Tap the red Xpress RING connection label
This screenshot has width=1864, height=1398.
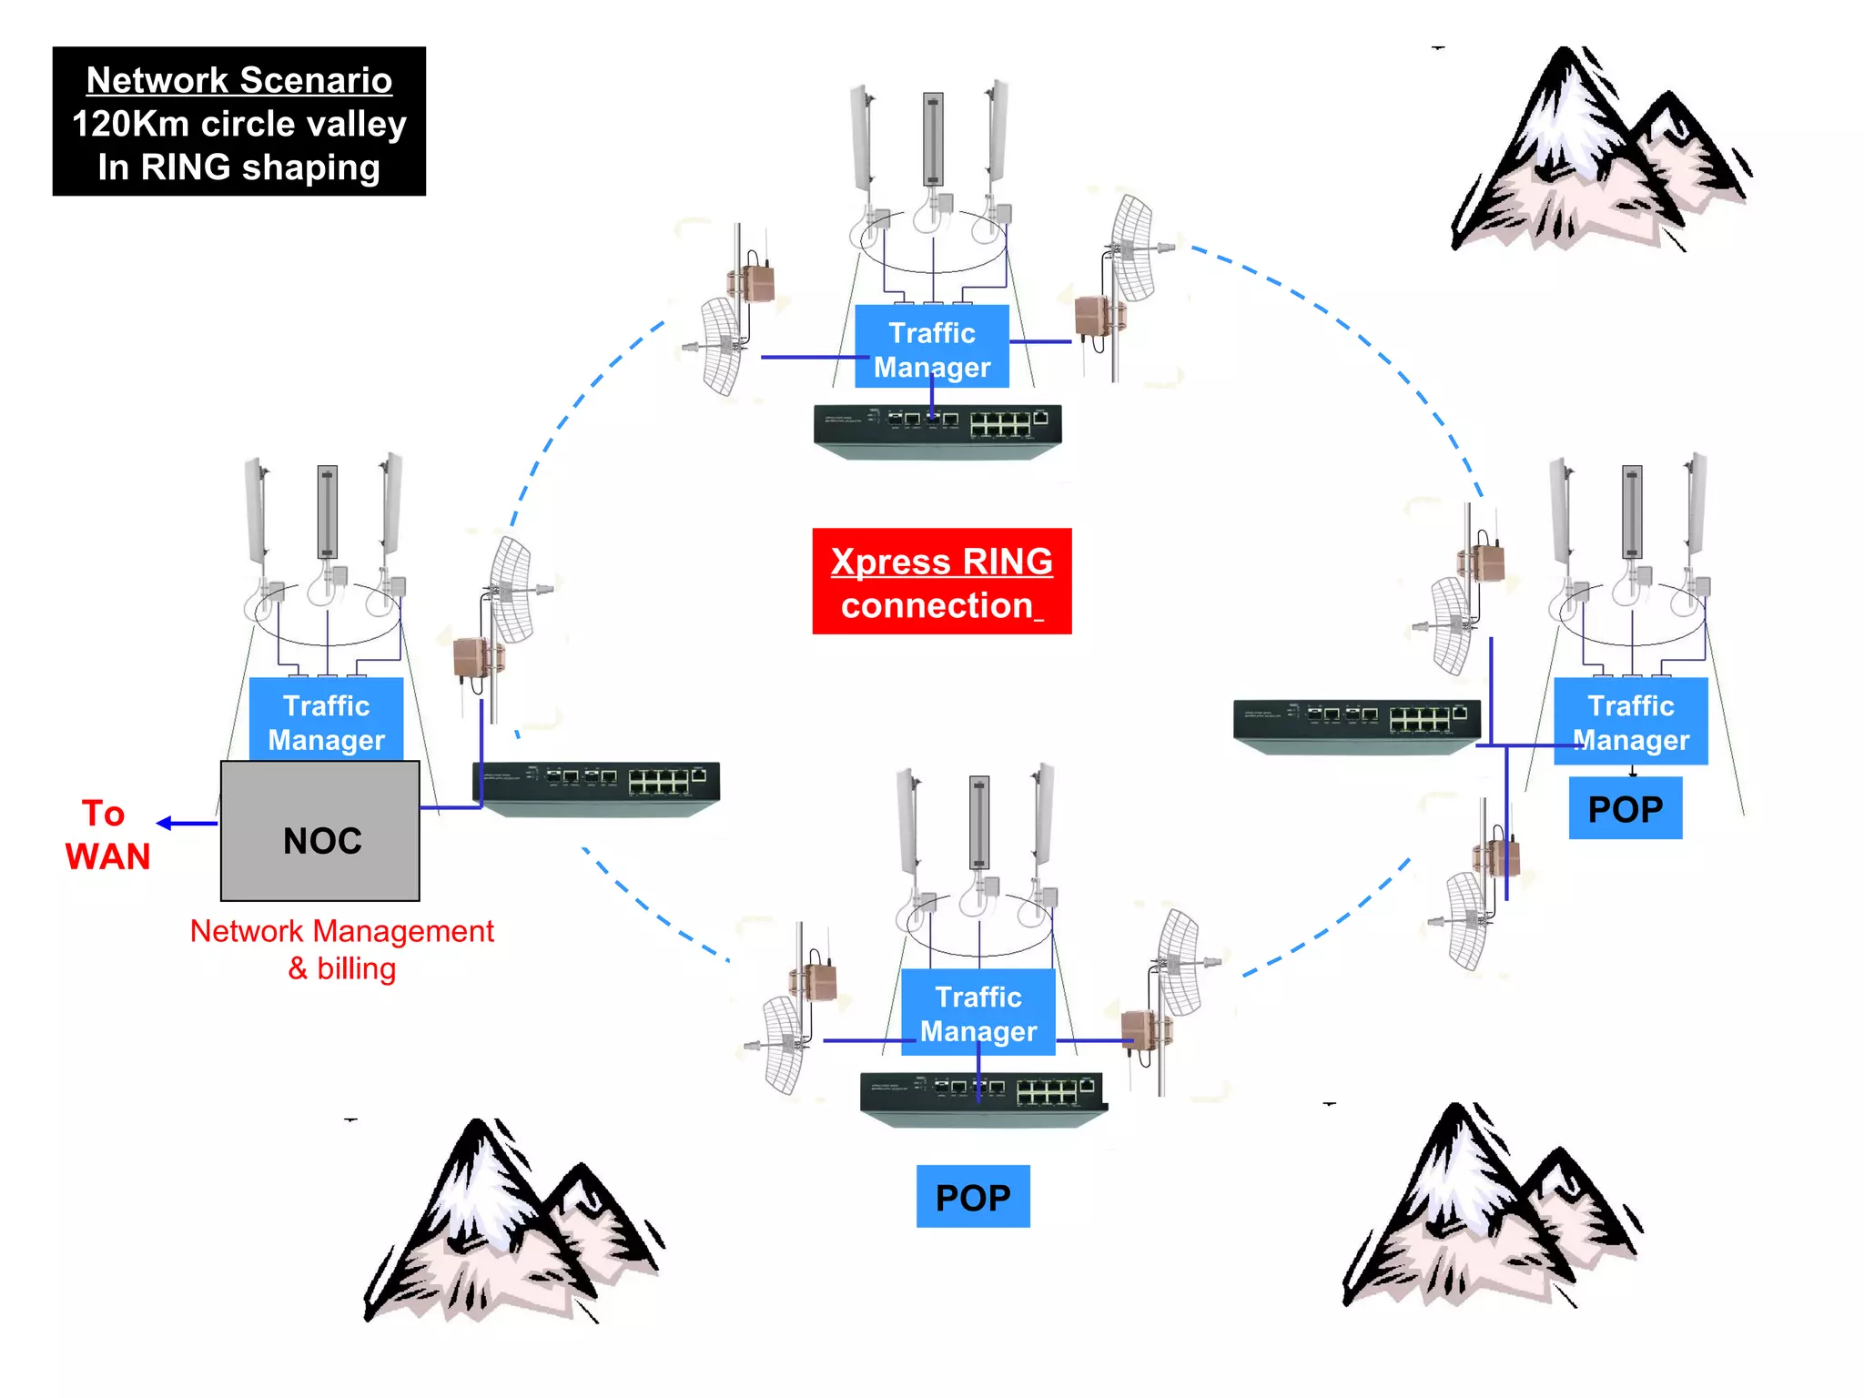coord(941,582)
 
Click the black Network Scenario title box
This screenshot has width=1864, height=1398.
coord(239,122)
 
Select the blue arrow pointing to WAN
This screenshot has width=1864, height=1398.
coord(187,823)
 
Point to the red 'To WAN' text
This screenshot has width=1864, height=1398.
coord(106,836)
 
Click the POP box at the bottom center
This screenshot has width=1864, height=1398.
coord(973,1197)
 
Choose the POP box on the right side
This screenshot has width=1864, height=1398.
coord(1625,808)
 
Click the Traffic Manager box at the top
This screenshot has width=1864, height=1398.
coord(932,349)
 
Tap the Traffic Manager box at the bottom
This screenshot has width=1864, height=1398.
coord(978,1012)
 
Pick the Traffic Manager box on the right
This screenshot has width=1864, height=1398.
coord(1630,721)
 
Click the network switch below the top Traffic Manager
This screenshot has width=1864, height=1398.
coord(937,431)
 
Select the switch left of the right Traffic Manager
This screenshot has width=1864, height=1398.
coord(1356,725)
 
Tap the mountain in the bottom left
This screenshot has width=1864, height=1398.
coord(510,1224)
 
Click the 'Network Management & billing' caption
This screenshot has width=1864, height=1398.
coord(342,949)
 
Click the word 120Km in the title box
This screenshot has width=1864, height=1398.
coord(130,124)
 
